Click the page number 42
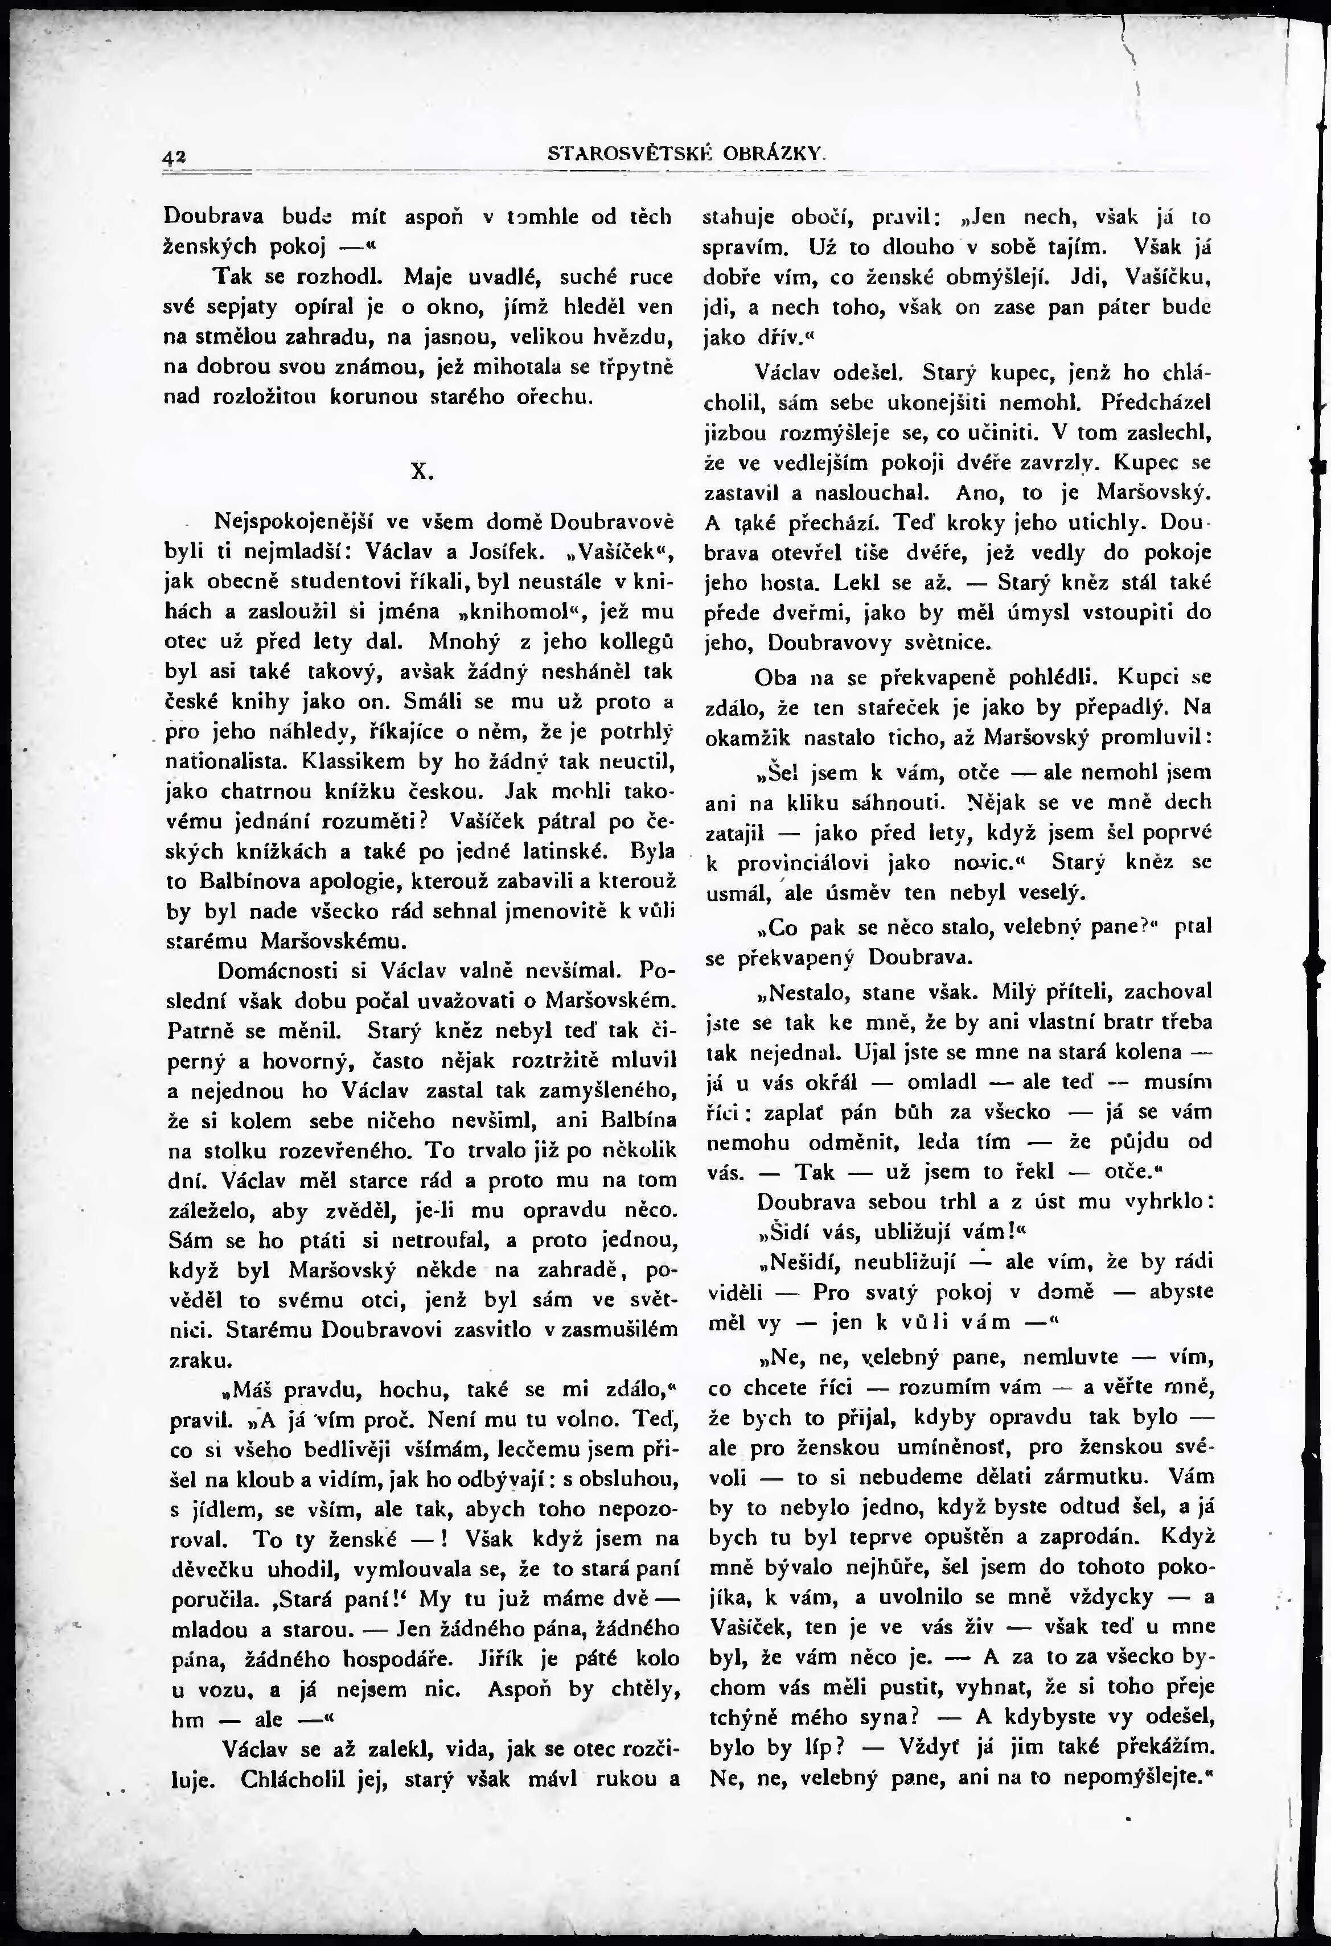click(x=174, y=155)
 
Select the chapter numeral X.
click(x=421, y=472)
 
